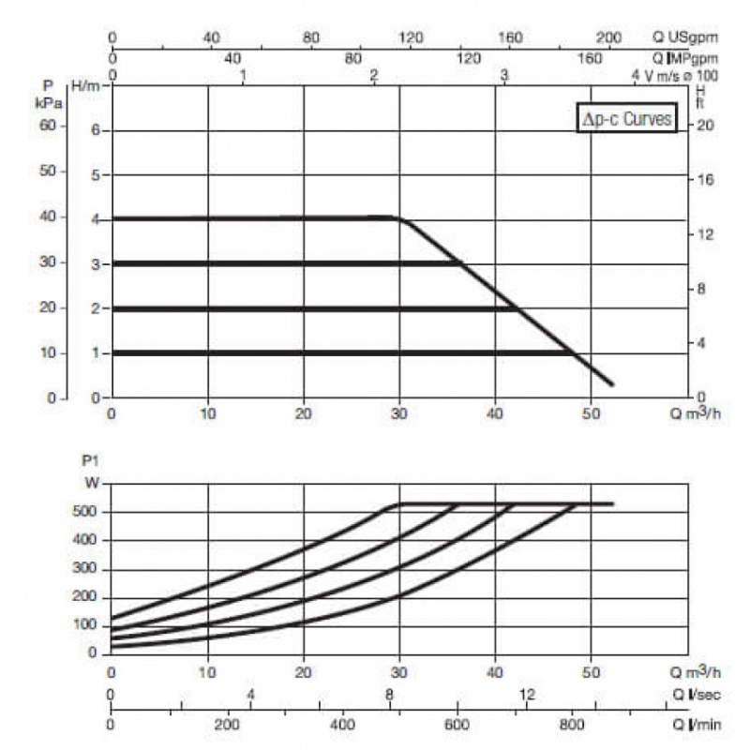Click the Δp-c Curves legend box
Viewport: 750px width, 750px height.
point(626,118)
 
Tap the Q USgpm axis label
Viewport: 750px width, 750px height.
point(685,37)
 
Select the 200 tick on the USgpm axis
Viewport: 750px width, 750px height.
point(608,37)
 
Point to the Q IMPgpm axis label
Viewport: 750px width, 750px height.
point(685,58)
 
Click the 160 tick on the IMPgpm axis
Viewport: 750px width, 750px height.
point(590,58)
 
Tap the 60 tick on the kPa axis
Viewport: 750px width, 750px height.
point(48,126)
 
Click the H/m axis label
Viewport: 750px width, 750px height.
point(85,86)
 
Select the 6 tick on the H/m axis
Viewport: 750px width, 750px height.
point(96,130)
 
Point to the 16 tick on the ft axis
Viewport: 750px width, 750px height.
point(705,180)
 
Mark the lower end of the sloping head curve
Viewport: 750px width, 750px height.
point(612,383)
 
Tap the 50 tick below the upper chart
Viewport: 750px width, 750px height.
point(591,413)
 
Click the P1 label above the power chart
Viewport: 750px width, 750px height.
point(90,461)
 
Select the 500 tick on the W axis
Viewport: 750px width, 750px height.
point(84,511)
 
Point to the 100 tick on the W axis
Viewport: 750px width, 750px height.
point(84,624)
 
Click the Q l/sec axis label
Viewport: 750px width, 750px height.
point(696,695)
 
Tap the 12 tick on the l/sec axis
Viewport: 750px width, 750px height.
point(527,694)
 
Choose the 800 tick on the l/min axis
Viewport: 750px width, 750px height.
point(572,724)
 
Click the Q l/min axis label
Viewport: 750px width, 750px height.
point(697,725)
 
